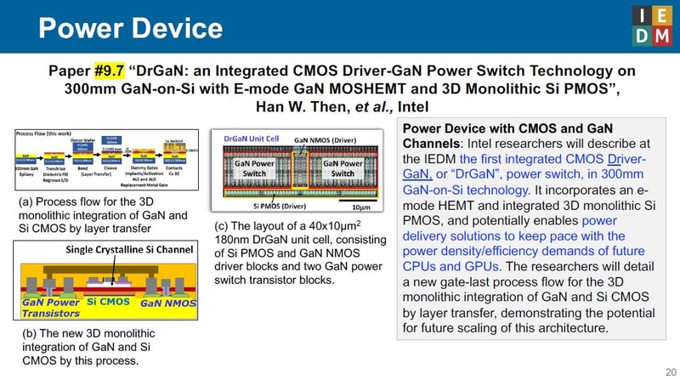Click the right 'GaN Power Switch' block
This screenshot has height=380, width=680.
tap(342, 167)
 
